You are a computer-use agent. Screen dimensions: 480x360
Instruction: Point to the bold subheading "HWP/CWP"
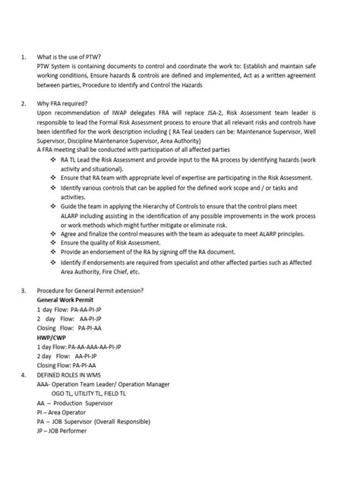52,336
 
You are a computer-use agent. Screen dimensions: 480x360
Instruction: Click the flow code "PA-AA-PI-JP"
97,310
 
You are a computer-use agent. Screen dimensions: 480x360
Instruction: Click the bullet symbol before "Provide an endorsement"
52,251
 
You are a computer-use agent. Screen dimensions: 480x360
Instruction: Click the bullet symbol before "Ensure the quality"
52,242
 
